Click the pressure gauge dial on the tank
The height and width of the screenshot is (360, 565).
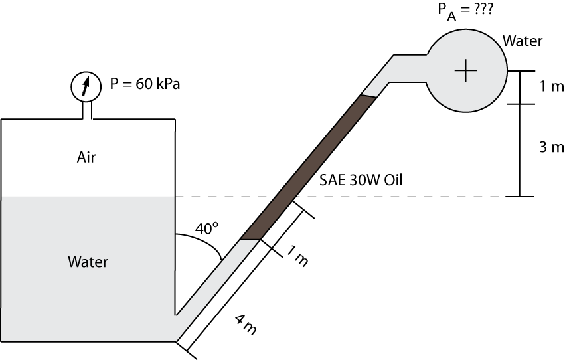tap(84, 86)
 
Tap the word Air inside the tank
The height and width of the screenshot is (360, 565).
tap(86, 157)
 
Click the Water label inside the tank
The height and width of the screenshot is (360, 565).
tap(88, 262)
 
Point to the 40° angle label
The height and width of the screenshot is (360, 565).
tap(206, 228)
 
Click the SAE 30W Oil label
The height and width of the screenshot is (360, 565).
tap(361, 179)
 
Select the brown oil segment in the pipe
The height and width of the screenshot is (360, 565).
tap(309, 167)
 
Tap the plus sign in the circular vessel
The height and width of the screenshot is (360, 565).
tap(467, 70)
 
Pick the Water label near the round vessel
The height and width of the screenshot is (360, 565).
tap(522, 41)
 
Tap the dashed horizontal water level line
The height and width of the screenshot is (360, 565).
tap(398, 197)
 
